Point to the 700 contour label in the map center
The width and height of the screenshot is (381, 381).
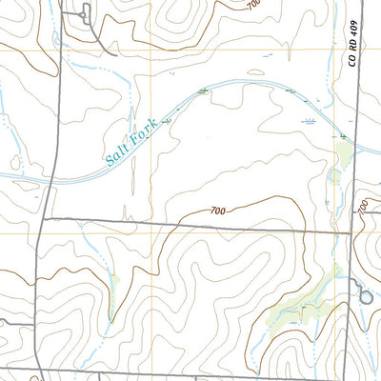pos(217,210)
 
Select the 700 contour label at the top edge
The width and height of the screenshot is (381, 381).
pos(251,6)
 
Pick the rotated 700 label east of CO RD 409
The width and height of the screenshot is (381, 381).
pos(362,203)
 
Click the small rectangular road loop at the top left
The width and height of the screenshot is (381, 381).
pos(85,13)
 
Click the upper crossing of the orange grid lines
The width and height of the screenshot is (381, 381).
pos(150,49)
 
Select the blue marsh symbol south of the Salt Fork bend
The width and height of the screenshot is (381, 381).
pos(309,123)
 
